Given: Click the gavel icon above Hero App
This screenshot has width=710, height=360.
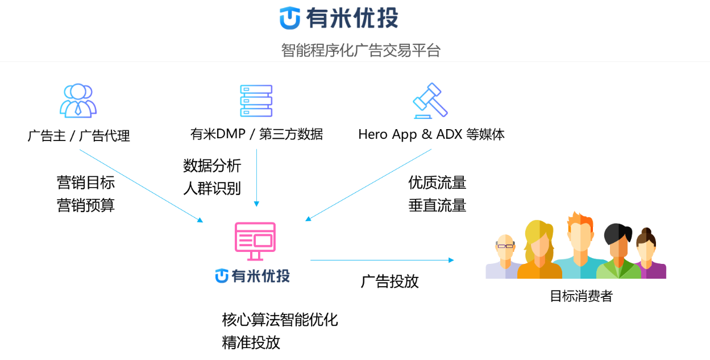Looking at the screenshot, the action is [430, 101].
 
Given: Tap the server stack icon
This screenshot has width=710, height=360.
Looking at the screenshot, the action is [256, 101].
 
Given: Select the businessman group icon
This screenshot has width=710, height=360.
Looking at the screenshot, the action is [78, 101].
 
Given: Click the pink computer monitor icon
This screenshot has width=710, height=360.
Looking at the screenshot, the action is [255, 241].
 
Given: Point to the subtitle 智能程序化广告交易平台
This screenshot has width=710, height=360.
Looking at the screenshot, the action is [361, 50].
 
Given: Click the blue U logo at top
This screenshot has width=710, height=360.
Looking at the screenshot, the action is [290, 18].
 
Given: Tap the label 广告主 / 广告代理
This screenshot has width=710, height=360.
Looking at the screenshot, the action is [78, 136].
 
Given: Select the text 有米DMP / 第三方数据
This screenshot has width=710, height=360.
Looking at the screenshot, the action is [256, 134].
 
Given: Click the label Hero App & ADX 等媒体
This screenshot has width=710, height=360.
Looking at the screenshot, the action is [431, 134].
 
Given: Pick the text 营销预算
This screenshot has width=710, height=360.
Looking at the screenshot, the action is [86, 205].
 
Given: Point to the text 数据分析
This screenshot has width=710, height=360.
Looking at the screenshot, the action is [212, 165].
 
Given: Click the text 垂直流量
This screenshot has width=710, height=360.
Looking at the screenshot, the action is [437, 205].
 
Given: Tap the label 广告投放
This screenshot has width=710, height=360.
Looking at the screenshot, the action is [390, 282].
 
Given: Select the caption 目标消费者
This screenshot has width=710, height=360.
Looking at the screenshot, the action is [582, 296].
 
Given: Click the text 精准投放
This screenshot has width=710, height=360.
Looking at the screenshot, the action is [251, 342].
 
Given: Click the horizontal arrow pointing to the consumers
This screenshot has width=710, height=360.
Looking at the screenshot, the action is [382, 260].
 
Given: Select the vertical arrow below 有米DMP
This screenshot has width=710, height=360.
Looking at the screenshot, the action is [256, 178].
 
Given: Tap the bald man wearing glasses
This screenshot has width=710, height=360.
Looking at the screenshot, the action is [505, 257].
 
